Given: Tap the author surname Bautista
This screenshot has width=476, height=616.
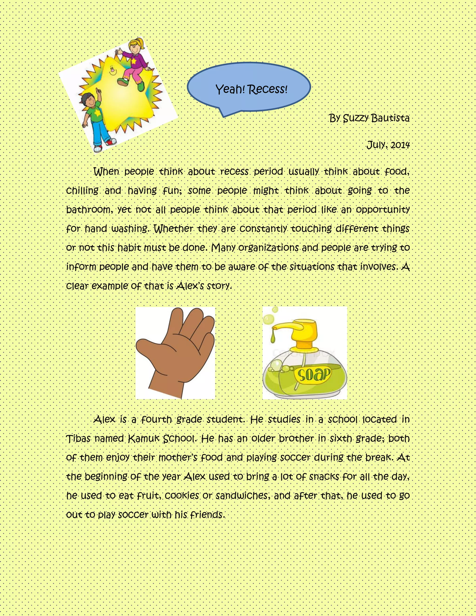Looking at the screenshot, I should [x=390, y=118].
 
